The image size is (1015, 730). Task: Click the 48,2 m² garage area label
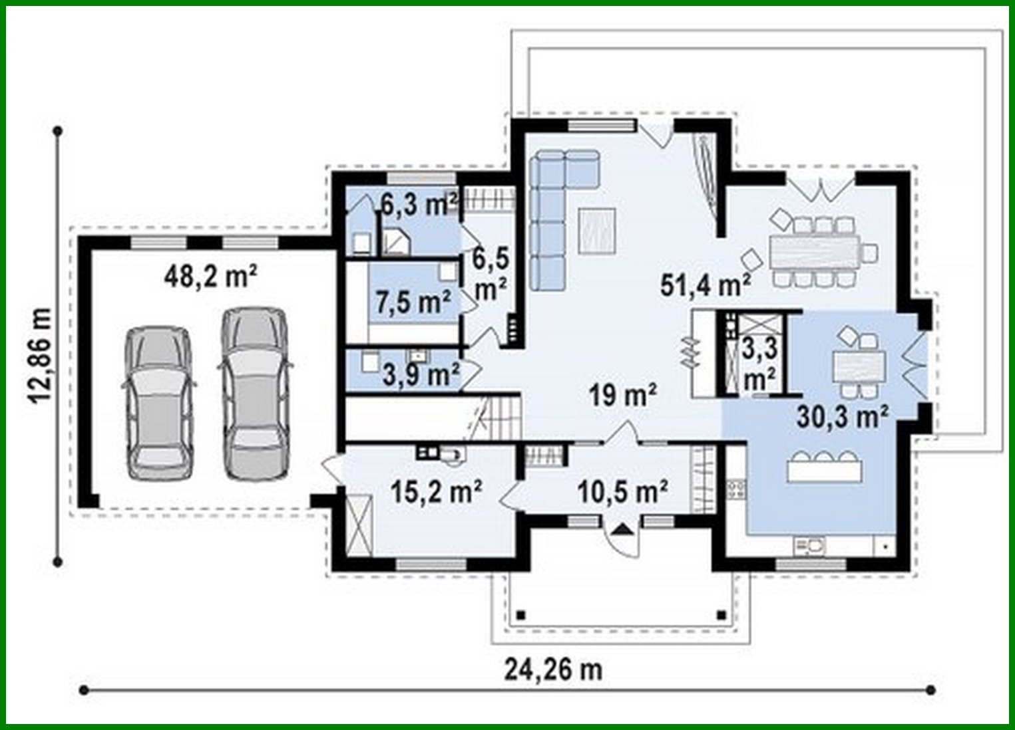211,277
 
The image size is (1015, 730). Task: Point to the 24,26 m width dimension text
553,669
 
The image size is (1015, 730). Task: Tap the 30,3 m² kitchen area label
843,417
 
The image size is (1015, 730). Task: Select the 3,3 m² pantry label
759,364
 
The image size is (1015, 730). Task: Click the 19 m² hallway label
623,396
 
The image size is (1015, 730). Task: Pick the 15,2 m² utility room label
437,492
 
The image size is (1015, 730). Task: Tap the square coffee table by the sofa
597,230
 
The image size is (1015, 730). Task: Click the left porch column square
521,614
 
